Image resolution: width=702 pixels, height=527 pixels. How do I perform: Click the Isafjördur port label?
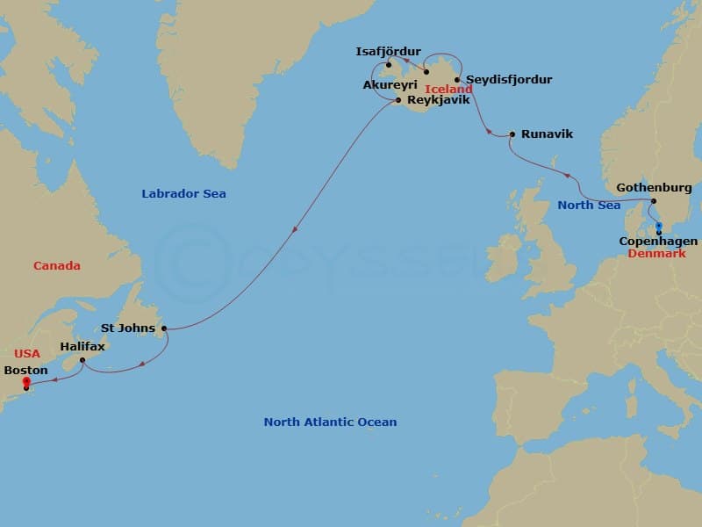[x=389, y=52]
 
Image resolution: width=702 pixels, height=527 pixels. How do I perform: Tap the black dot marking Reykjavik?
[x=399, y=100]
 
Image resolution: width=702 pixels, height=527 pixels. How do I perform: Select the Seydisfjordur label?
[x=509, y=80]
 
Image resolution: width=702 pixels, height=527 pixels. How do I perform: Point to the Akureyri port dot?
[x=426, y=71]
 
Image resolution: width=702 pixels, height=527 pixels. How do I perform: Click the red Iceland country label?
[x=448, y=90]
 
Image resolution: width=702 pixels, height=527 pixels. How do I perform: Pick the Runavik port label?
[x=547, y=134]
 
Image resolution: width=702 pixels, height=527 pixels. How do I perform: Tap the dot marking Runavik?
[x=512, y=134]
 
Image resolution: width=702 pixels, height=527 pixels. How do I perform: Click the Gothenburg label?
[x=654, y=188]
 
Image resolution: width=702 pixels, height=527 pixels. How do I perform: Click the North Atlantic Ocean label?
[x=330, y=422]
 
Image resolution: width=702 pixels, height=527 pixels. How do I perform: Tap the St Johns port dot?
[x=164, y=328]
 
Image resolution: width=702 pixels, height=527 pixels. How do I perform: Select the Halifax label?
[x=82, y=347]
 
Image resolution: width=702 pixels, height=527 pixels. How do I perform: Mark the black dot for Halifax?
[x=82, y=360]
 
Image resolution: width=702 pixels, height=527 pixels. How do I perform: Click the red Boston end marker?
[x=26, y=381]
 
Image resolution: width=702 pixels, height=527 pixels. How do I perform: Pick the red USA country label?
[x=27, y=353]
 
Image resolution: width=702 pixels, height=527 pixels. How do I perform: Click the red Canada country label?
[x=57, y=265]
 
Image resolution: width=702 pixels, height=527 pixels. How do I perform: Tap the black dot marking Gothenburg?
[x=654, y=201]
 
